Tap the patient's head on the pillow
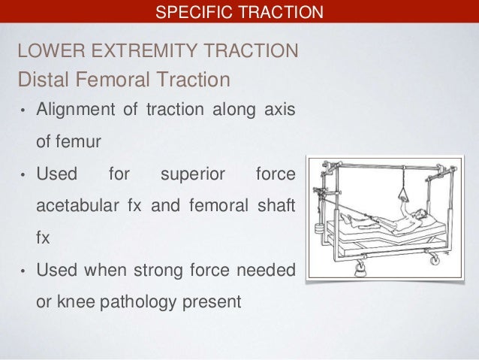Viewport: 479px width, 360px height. (x=426, y=214)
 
